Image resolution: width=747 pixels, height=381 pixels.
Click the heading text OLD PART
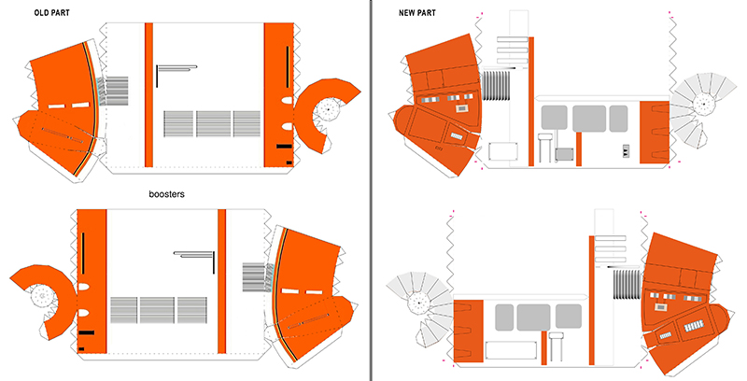pyautogui.click(x=51, y=13)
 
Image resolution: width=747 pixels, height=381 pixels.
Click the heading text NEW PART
pyautogui.click(x=417, y=13)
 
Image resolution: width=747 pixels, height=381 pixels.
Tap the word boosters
pyautogui.click(x=166, y=194)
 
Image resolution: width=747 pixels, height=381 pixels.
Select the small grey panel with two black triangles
pyautogui.click(x=626, y=152)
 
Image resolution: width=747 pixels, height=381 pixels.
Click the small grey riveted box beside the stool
pyautogui.click(x=564, y=154)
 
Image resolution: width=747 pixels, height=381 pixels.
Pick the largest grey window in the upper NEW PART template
pyautogui.click(x=589, y=119)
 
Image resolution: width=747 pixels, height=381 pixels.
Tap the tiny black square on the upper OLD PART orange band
pyautogui.click(x=289, y=162)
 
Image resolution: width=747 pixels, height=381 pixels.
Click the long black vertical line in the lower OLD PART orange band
pyautogui.click(x=83, y=253)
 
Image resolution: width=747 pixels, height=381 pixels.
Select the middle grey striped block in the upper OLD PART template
pyautogui.click(x=214, y=124)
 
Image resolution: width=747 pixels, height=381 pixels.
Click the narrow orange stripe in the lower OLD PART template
pyautogui.click(x=221, y=281)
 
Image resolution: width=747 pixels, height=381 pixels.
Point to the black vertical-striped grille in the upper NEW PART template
pyautogui.click(x=497, y=86)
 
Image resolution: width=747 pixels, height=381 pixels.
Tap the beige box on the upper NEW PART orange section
pyautogui.click(x=461, y=108)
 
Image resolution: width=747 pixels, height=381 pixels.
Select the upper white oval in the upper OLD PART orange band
pyautogui.click(x=287, y=101)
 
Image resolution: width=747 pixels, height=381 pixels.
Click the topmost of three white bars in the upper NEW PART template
pyautogui.click(x=513, y=40)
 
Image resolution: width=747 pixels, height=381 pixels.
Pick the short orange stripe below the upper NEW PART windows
pyautogui.click(x=579, y=149)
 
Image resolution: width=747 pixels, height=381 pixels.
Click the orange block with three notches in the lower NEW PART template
pyautogui.click(x=469, y=331)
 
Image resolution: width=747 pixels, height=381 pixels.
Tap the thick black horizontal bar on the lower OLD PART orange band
pyautogui.click(x=86, y=332)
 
